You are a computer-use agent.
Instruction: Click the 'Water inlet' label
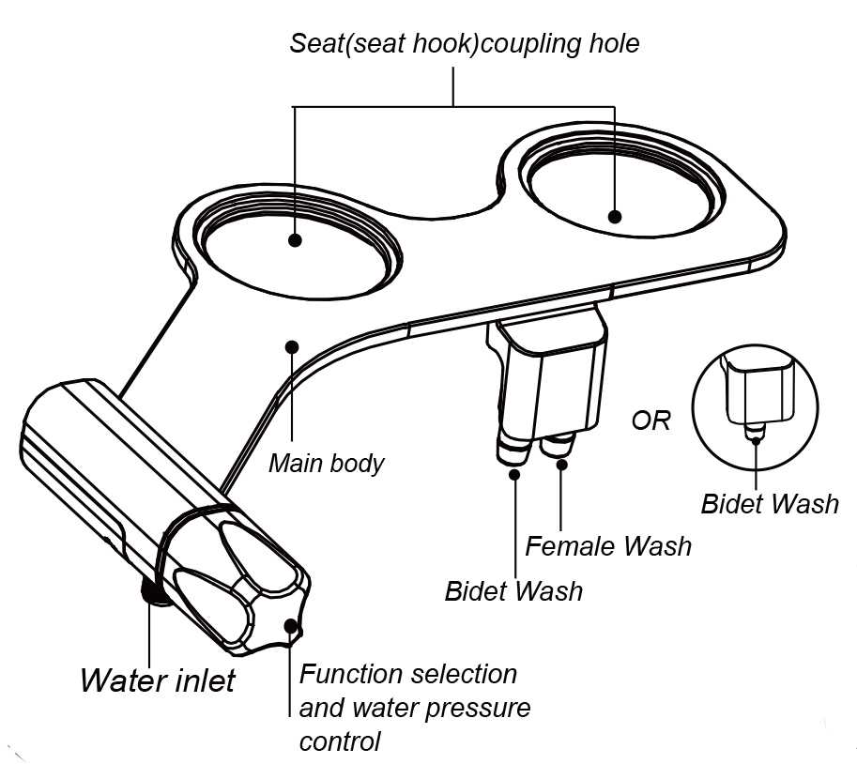pyautogui.click(x=157, y=680)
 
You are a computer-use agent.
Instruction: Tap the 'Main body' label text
pyautogui.click(x=326, y=463)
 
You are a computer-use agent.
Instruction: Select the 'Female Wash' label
pyautogui.click(x=607, y=544)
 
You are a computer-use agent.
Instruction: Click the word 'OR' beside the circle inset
pyautogui.click(x=650, y=420)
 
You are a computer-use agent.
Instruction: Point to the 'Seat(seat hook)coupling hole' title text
pyautogui.click(x=464, y=43)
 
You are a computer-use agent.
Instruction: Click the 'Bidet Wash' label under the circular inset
pyautogui.click(x=770, y=503)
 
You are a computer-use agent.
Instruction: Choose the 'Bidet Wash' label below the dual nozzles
pyautogui.click(x=513, y=591)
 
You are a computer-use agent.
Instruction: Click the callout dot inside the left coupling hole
pyautogui.click(x=295, y=240)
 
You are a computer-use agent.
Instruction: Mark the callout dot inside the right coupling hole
pyautogui.click(x=614, y=217)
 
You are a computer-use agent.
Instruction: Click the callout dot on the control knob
pyautogui.click(x=291, y=624)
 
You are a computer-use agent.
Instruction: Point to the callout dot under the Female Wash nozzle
pyautogui.click(x=560, y=465)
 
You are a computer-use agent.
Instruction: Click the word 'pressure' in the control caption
pyautogui.click(x=475, y=707)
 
